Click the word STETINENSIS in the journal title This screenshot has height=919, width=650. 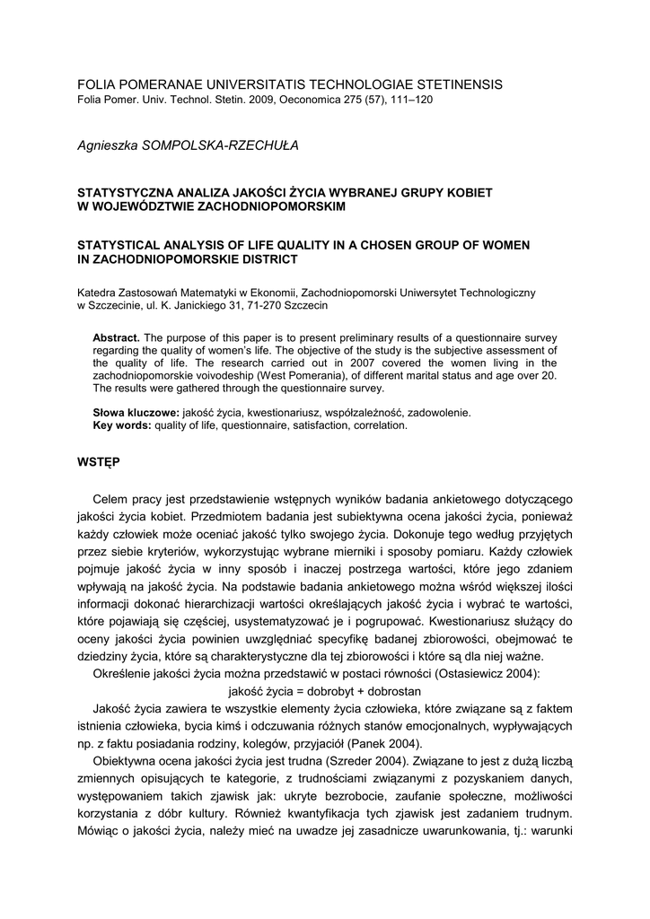coord(452,84)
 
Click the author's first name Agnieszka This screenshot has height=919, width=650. coord(108,144)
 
